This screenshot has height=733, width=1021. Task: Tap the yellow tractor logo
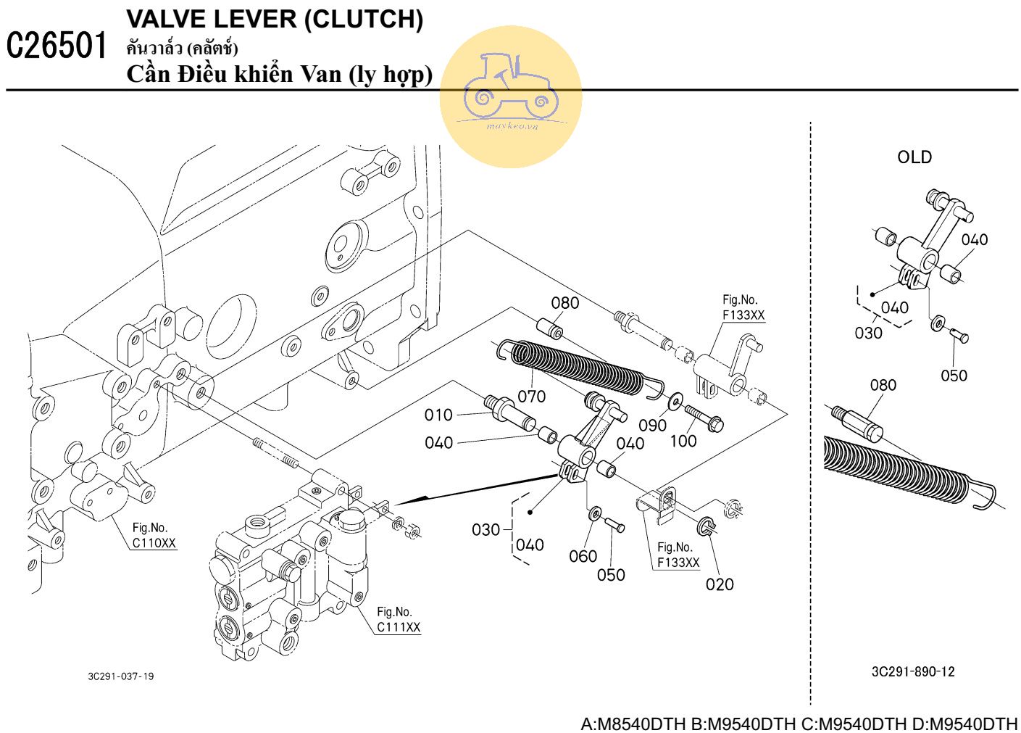coord(511,96)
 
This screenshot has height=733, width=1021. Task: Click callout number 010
coord(438,415)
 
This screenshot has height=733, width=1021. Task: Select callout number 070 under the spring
coord(531,396)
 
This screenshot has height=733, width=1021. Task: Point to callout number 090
coord(652,425)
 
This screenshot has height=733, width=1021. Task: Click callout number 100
coord(683,441)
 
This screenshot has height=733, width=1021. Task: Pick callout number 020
coord(720,584)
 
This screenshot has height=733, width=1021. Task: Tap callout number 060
coord(583,556)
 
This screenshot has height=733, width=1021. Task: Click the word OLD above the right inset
coord(914,157)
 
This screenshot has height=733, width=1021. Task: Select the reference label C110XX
coord(154,543)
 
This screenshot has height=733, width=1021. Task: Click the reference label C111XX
coord(399,627)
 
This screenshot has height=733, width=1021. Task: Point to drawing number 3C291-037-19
coord(121,676)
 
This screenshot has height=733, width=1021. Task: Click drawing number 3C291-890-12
coord(913,671)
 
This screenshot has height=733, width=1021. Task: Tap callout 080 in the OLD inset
coord(883,385)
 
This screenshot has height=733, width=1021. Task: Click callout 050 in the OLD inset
coord(954,376)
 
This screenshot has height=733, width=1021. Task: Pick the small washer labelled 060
coord(595,514)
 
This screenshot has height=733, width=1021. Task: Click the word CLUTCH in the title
coord(363,20)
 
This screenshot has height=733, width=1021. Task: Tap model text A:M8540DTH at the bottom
coord(633,724)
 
